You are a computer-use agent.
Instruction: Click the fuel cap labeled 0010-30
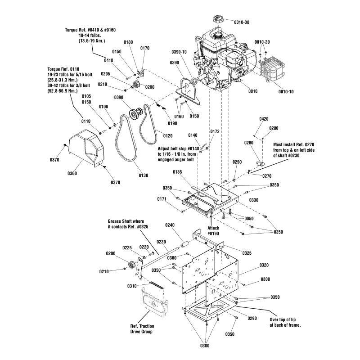[x=216, y=21]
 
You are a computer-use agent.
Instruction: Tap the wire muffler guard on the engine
[x=273, y=68]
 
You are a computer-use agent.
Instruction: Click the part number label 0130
[x=143, y=175]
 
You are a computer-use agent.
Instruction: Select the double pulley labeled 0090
[x=135, y=114]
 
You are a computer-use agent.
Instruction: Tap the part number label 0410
[x=108, y=60]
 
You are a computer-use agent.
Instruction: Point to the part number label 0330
[x=254, y=200]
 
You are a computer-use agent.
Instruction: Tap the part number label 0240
[x=170, y=225]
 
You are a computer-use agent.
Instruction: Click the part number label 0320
[x=264, y=265]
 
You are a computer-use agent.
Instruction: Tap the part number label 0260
[x=249, y=143]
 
